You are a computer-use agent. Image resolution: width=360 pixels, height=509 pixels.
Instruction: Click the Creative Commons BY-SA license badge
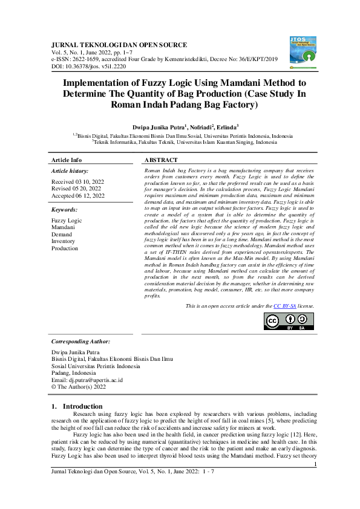[289, 321]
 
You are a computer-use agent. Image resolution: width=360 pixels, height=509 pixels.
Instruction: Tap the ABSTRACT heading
[161, 160]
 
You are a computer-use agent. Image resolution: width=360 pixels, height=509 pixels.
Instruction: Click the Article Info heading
[67, 160]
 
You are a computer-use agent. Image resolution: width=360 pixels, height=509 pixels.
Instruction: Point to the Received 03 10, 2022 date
[77, 181]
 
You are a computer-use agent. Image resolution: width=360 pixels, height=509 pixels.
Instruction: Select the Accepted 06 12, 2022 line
[77, 196]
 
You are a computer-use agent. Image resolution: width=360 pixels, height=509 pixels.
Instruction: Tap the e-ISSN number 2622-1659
[90, 59]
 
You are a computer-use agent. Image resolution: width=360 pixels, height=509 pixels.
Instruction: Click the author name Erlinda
[226, 128]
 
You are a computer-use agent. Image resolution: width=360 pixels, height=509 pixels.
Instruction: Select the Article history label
[70, 172]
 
